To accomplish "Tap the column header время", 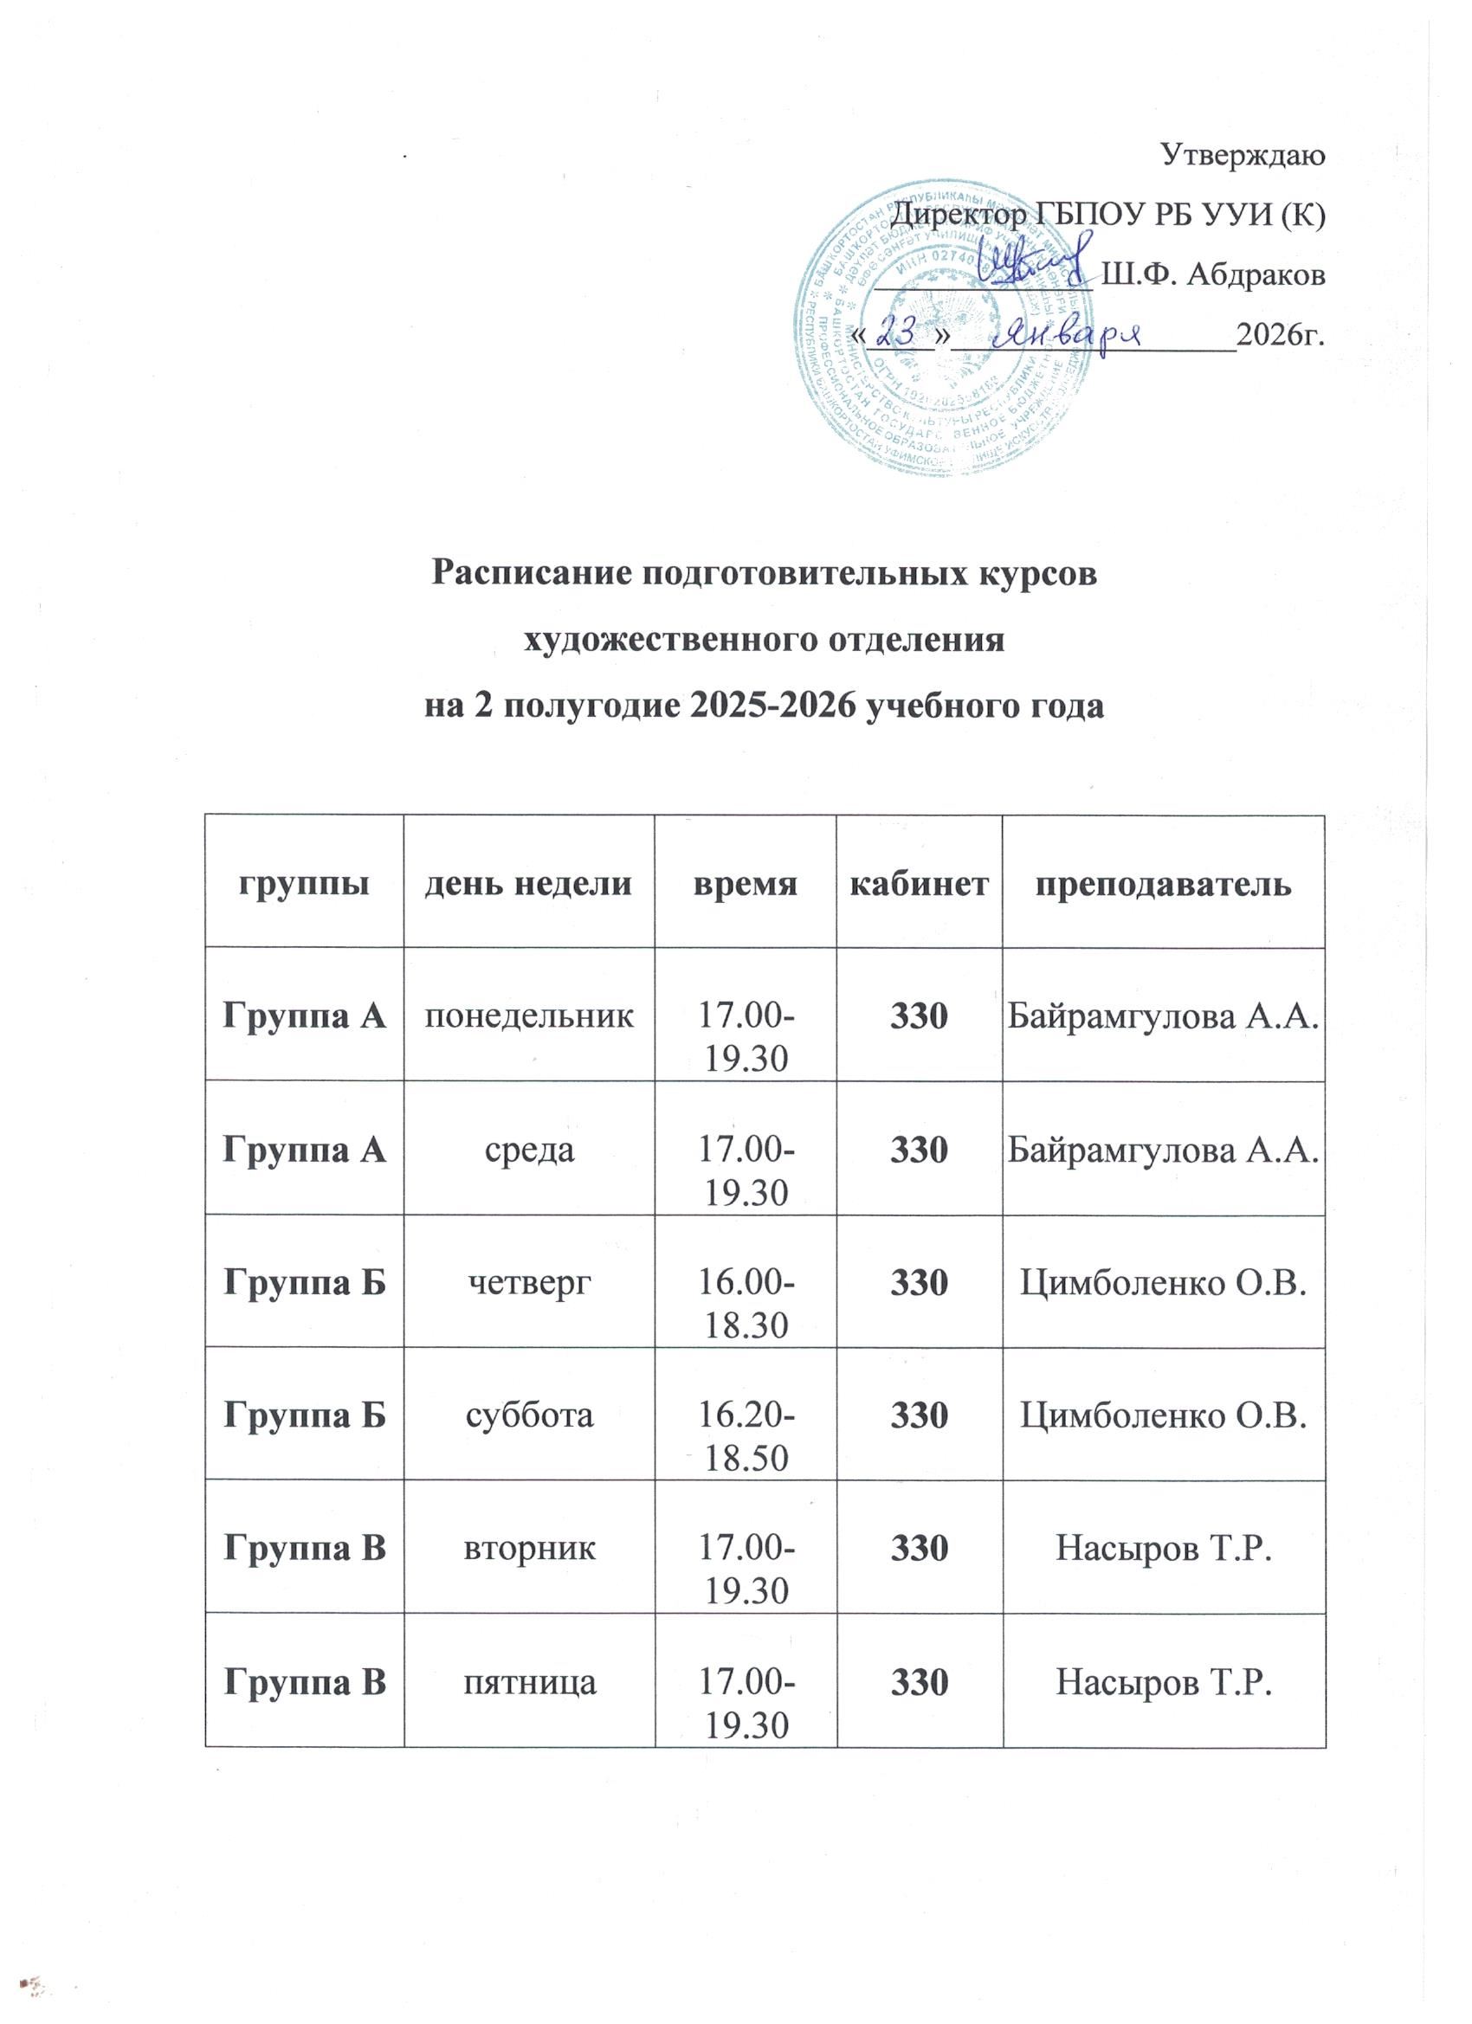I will pyautogui.click(x=745, y=885).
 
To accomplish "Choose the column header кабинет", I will pyautogui.click(x=919, y=885).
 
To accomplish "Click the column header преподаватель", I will pyautogui.click(x=1162, y=885).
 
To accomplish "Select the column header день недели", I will pyautogui.click(x=528, y=885).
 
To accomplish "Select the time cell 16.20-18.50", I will pyautogui.click(x=746, y=1437).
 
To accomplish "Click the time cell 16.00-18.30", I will pyautogui.click(x=746, y=1304).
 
